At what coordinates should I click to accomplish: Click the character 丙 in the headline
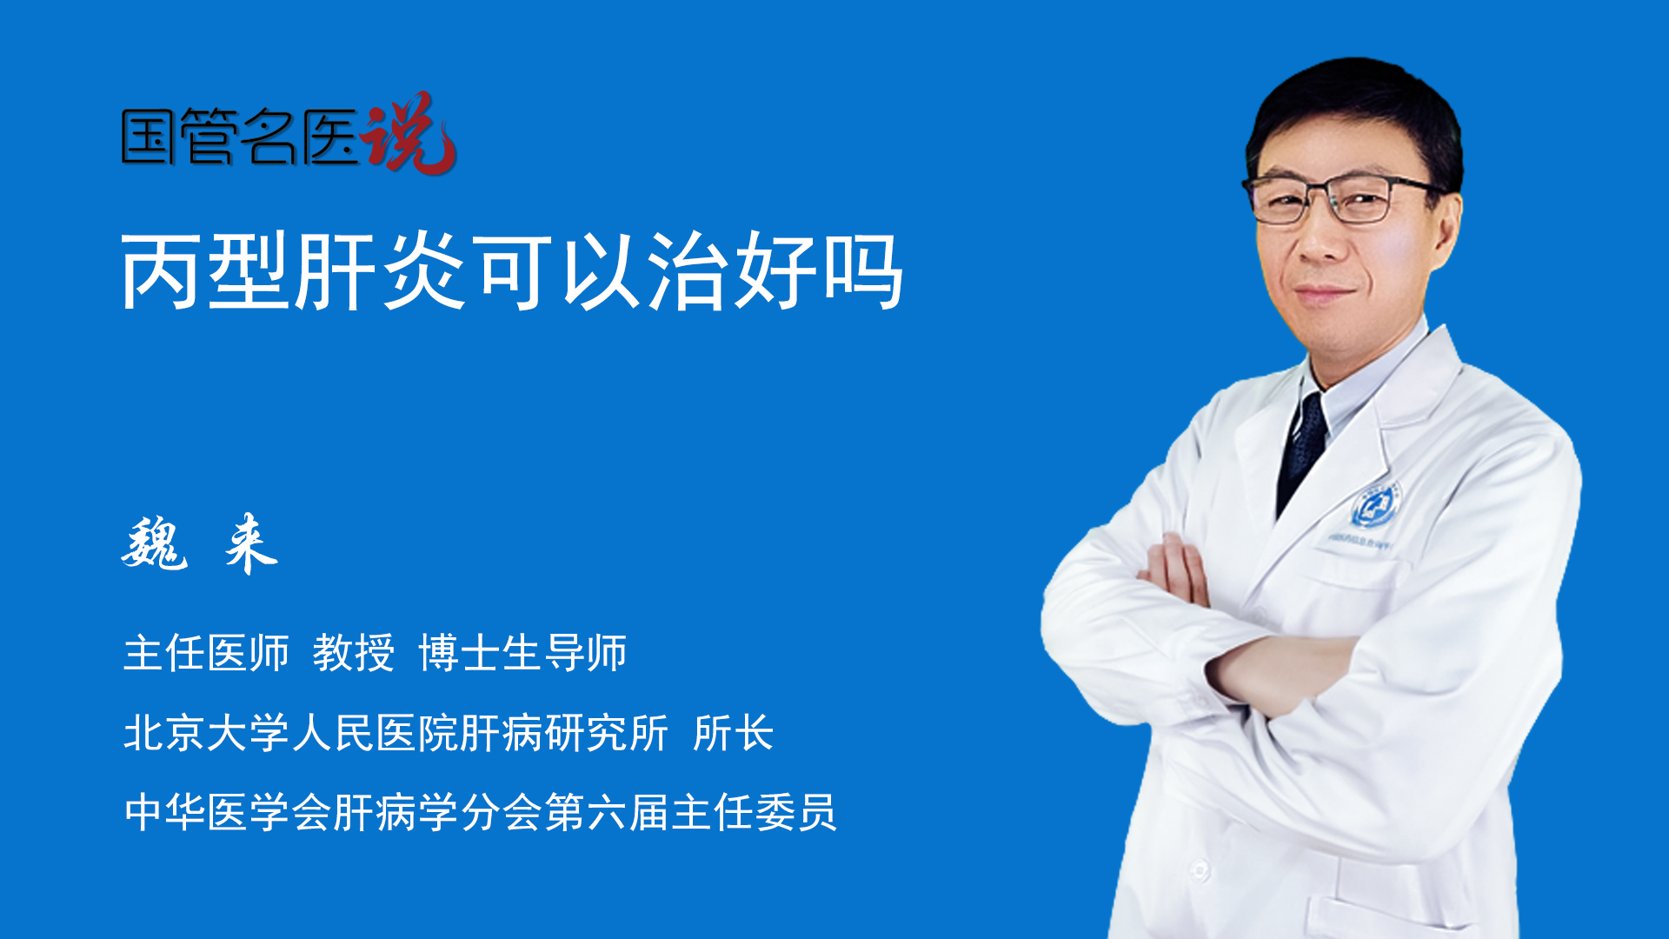pos(163,271)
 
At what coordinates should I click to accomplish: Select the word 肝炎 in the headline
pos(381,271)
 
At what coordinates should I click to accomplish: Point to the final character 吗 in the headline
pos(863,271)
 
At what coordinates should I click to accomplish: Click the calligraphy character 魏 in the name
pos(155,543)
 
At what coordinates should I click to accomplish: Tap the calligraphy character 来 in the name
pos(250,543)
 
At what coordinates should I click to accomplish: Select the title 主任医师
pos(206,653)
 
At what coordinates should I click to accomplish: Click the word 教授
pos(354,653)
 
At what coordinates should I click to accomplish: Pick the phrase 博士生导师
pos(522,653)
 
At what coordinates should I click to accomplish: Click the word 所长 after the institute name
pos(734,733)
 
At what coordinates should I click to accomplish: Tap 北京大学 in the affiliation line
pos(206,733)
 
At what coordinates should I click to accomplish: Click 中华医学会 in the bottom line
pos(228,813)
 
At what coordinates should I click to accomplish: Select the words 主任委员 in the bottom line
pos(754,813)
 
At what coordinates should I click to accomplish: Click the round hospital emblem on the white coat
pos(1374,506)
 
